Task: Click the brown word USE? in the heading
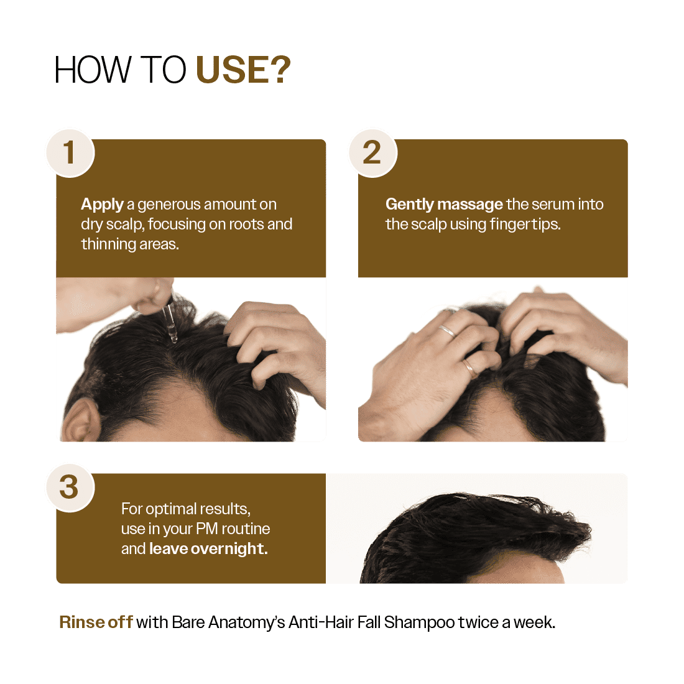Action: coord(243,70)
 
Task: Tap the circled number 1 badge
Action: coord(70,152)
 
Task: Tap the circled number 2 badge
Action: coord(372,152)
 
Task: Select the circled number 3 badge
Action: coord(70,487)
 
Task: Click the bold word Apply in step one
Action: coord(102,205)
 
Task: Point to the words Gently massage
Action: coord(444,205)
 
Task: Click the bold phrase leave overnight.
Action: coord(208,549)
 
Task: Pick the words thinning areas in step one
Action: coord(129,244)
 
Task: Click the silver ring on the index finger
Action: coord(447,330)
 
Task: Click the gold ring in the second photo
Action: coord(471,367)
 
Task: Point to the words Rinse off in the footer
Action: coord(95,622)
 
